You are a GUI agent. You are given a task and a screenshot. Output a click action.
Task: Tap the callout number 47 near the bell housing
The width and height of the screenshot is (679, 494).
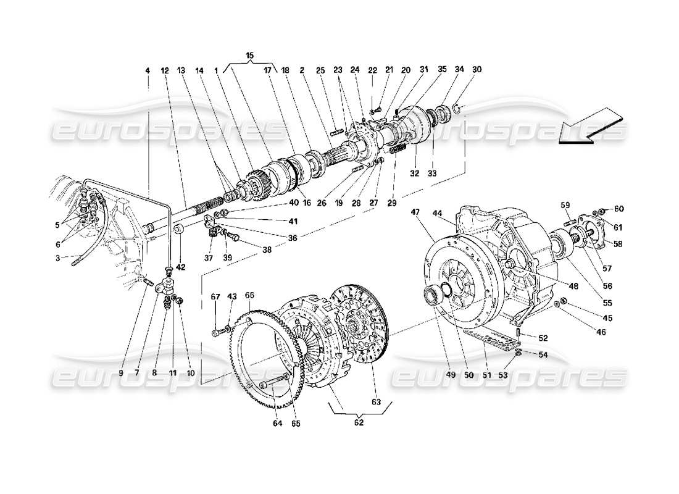coord(415,212)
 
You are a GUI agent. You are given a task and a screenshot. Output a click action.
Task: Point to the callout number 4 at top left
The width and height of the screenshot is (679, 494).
coord(148,71)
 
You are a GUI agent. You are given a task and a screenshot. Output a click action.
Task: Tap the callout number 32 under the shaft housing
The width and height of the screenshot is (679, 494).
coord(414,174)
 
